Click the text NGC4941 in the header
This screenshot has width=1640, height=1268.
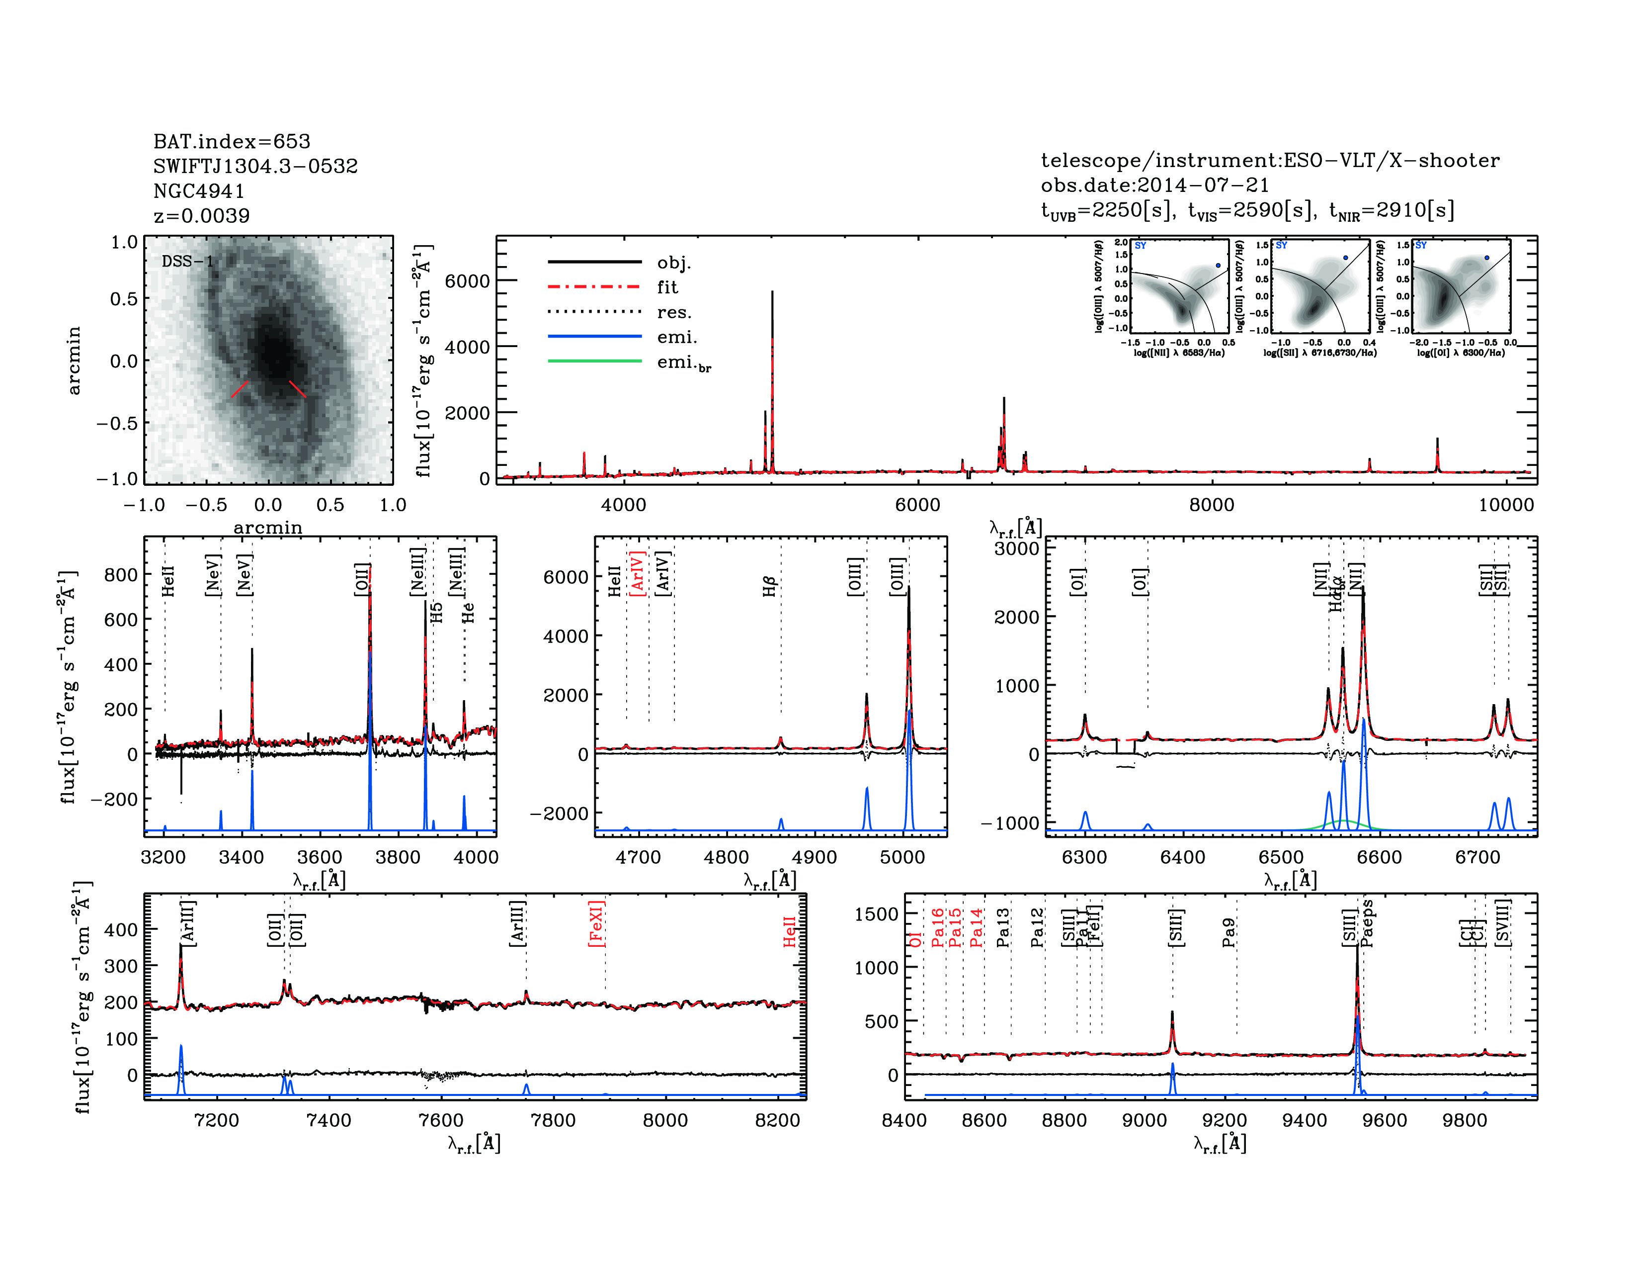point(199,191)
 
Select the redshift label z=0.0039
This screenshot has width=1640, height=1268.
point(201,216)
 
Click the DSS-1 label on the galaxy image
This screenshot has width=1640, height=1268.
point(188,262)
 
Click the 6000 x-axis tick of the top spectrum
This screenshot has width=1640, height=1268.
point(917,505)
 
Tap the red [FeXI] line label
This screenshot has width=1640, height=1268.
point(597,923)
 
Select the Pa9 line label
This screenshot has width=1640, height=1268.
point(1229,932)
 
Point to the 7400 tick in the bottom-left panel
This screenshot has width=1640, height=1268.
point(329,1120)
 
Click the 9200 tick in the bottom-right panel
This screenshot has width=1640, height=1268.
point(1224,1120)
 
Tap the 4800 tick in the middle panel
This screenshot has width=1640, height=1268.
point(726,857)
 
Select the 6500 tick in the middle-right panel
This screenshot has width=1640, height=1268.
point(1281,857)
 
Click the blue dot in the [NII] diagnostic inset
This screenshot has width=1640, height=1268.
point(1218,265)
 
